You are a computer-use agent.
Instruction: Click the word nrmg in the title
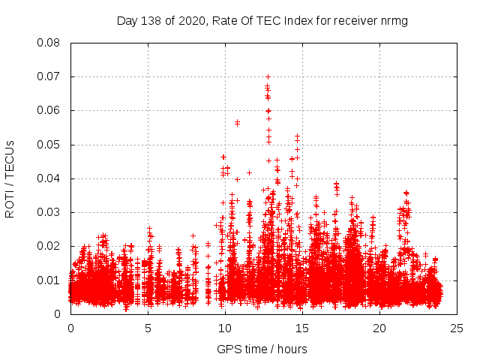click(x=393, y=20)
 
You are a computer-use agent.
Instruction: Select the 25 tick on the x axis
click(x=457, y=328)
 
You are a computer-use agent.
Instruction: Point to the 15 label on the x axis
click(x=302, y=328)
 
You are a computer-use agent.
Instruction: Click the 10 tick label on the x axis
click(x=225, y=328)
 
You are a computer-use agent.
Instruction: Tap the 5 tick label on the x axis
click(x=148, y=328)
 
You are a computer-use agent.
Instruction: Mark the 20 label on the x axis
click(x=379, y=328)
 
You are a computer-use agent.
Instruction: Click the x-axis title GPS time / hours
click(x=262, y=349)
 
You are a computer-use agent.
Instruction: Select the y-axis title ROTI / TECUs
click(x=10, y=178)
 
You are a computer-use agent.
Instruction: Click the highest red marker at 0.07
click(x=268, y=76)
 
